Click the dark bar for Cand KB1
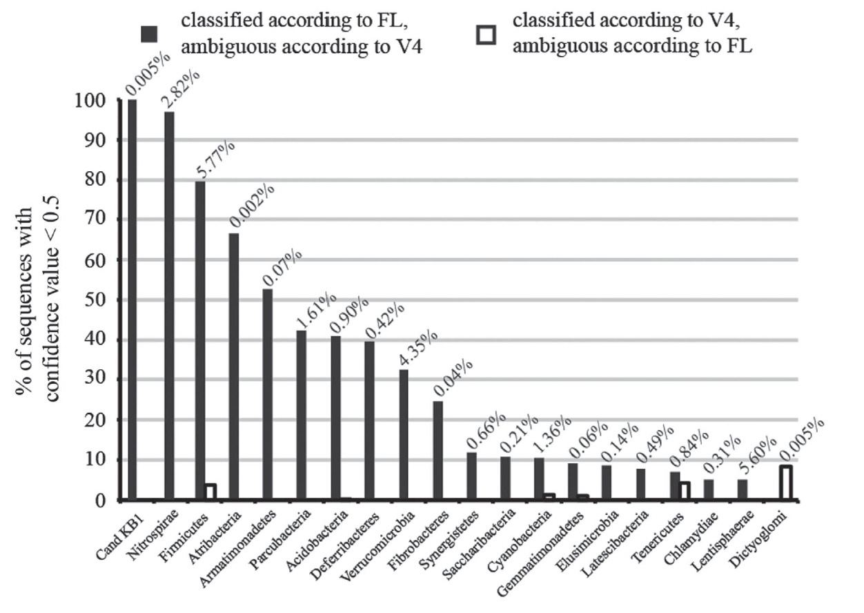point(132,300)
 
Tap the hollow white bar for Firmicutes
point(210,492)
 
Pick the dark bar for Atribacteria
point(234,367)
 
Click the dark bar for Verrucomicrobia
point(404,435)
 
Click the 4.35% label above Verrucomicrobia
point(418,349)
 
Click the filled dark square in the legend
point(150,33)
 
